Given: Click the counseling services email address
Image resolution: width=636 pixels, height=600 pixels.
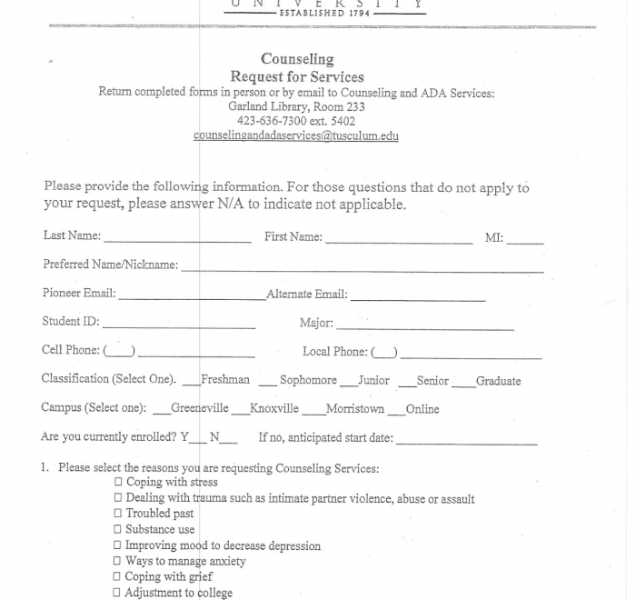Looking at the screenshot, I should (x=296, y=136).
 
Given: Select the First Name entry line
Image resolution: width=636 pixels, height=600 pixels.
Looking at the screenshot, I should (x=399, y=241).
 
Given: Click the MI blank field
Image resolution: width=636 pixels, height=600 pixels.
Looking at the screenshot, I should (x=525, y=242).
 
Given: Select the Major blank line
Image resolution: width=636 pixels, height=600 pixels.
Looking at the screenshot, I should (x=424, y=327).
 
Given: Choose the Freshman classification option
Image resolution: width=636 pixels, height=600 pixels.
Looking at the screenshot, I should (x=190, y=381).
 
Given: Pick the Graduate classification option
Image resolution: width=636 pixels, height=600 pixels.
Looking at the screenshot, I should (x=462, y=382).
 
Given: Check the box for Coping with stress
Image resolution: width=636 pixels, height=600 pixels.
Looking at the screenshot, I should (x=118, y=483).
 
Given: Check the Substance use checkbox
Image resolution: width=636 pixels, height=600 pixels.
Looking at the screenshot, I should (x=118, y=529).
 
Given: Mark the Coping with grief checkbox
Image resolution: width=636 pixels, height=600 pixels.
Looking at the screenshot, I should (x=118, y=576).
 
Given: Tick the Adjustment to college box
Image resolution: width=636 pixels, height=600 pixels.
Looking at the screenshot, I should (x=118, y=593).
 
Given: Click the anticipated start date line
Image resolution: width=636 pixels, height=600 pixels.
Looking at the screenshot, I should (x=466, y=441).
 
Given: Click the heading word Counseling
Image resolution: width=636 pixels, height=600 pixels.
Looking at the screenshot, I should (x=297, y=60).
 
